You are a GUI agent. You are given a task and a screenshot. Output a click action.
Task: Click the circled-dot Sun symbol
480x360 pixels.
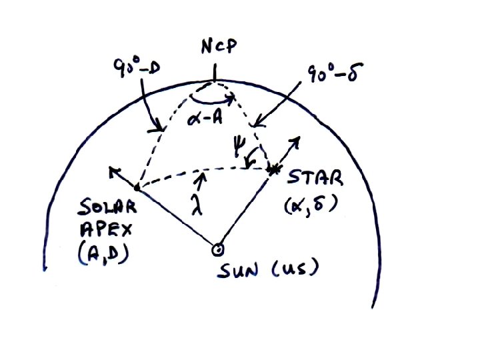217,249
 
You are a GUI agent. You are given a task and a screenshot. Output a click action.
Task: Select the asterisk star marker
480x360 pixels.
273,170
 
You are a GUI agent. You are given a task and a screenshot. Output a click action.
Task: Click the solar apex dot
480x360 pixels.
137,187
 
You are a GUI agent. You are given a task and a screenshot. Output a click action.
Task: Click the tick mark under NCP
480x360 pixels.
214,72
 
